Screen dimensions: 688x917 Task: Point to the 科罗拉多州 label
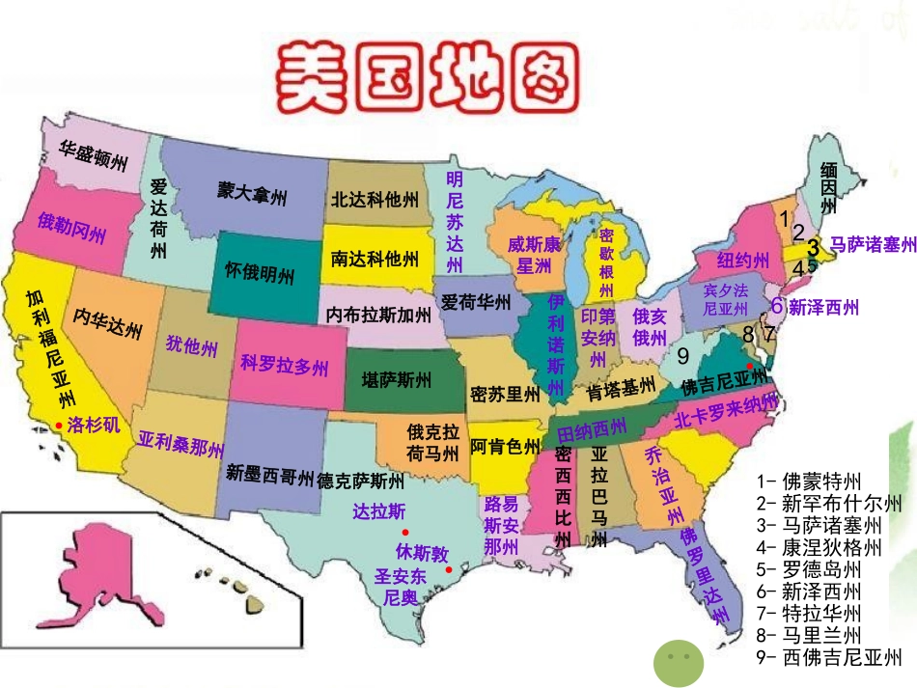point(285,366)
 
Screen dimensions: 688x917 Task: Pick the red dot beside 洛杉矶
point(59,426)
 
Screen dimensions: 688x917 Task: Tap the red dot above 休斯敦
point(405,533)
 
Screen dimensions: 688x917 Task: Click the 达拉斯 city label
point(379,510)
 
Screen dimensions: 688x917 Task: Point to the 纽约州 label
point(742,261)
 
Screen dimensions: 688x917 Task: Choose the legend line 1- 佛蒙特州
point(809,481)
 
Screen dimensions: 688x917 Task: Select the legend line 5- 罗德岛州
point(809,569)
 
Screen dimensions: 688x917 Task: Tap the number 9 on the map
point(682,355)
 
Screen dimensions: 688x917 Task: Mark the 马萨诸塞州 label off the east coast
point(873,246)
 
